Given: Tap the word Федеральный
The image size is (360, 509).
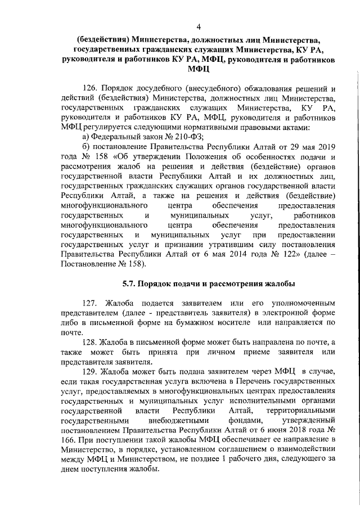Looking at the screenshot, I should [x=116, y=137].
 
